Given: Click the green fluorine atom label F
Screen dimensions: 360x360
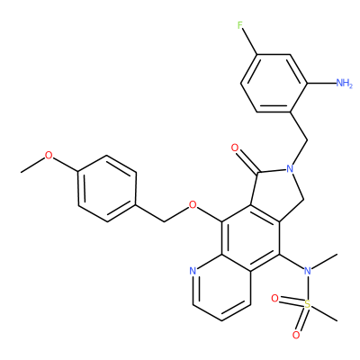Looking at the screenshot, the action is click(239, 25).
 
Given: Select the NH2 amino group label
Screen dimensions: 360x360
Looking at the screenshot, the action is click(344, 83).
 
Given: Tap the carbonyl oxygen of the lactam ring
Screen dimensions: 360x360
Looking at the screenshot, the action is click(235, 148).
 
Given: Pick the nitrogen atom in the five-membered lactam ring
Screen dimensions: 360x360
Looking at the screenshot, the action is click(289, 168).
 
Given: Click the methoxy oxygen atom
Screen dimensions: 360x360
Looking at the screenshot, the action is click(49, 156).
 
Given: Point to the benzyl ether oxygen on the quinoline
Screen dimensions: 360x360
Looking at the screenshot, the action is click(193, 205).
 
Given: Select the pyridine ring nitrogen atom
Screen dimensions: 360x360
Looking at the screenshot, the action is click(193, 271).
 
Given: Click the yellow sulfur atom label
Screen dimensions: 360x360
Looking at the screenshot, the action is click(307, 305).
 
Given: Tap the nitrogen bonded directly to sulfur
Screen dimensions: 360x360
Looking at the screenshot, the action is click(307, 271).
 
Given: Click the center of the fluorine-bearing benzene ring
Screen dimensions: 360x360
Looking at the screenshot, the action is click(274, 84).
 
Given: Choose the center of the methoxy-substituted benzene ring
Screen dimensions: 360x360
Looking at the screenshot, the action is click(107, 189).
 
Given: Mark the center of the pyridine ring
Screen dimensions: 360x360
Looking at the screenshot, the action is click(221, 288).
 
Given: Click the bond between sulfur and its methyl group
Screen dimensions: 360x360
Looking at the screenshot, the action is click(323, 313).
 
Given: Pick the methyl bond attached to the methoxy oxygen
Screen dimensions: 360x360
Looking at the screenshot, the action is click(33, 165).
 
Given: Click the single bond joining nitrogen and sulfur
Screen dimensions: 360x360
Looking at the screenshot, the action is click(307, 288).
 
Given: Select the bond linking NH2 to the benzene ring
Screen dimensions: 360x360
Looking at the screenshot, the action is click(320, 83).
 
